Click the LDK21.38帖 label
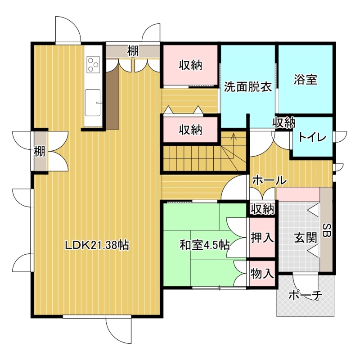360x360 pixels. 97,245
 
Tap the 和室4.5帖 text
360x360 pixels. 205,245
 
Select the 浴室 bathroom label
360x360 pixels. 306,80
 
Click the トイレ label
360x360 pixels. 312,138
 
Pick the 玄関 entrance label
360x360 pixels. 306,238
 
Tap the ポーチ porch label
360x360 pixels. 306,296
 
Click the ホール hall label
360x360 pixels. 270,180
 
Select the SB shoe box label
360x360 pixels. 326,231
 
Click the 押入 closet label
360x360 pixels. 262,237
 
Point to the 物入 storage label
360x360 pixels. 262,274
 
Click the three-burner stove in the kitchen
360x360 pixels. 93,64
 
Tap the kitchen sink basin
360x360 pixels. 93,103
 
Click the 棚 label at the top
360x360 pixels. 133,51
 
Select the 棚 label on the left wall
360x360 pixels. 40,152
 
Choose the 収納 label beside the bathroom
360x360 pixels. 284,123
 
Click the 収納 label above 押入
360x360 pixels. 262,209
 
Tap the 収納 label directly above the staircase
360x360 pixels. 190,130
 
